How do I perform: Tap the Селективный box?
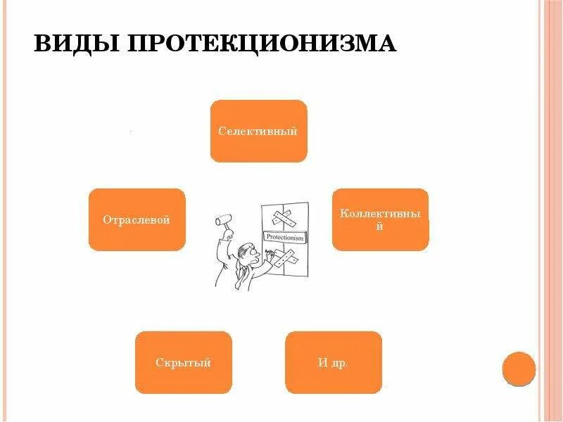pyautogui.click(x=258, y=131)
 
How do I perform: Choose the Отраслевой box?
pyautogui.click(x=137, y=219)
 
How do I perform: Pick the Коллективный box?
pyautogui.click(x=380, y=219)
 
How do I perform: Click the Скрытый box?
pyautogui.click(x=183, y=362)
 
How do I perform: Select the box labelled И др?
pyautogui.click(x=333, y=362)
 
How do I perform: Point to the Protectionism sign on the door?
pyautogui.click(x=285, y=238)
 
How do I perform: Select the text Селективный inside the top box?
pyautogui.click(x=258, y=132)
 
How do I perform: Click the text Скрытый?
pyautogui.click(x=183, y=363)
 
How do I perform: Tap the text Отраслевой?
pyautogui.click(x=137, y=220)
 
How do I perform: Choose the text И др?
pyautogui.click(x=333, y=363)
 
